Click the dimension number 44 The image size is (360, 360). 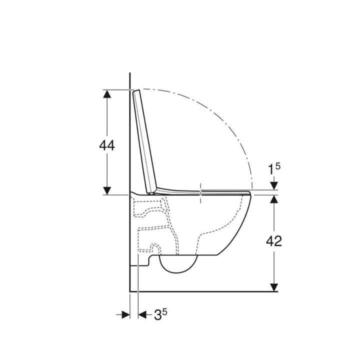(107, 145)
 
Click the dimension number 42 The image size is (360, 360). (274, 241)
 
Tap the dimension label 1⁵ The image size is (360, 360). (274, 169)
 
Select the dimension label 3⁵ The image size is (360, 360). (160, 314)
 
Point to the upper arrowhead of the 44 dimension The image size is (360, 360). (107, 94)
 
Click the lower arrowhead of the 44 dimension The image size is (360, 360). (107, 191)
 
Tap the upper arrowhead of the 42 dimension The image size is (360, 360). (274, 199)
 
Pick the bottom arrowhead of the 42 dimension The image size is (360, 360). (274, 287)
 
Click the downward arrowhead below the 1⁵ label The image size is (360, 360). (274, 185)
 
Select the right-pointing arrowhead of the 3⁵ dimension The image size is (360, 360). (126, 314)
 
